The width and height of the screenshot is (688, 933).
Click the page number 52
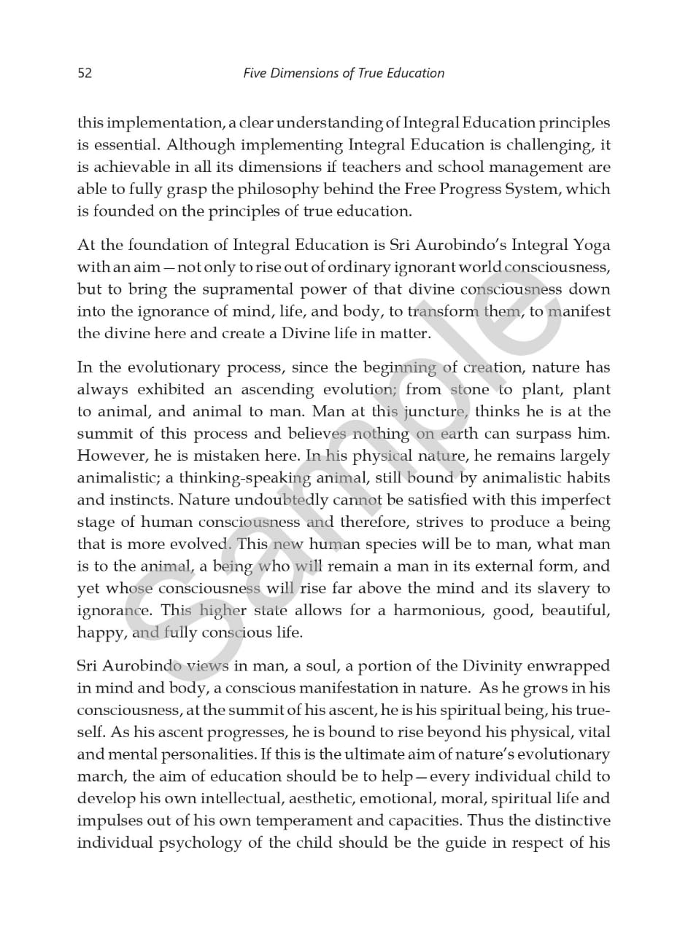click(85, 73)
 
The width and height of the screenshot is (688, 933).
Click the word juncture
click(436, 412)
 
